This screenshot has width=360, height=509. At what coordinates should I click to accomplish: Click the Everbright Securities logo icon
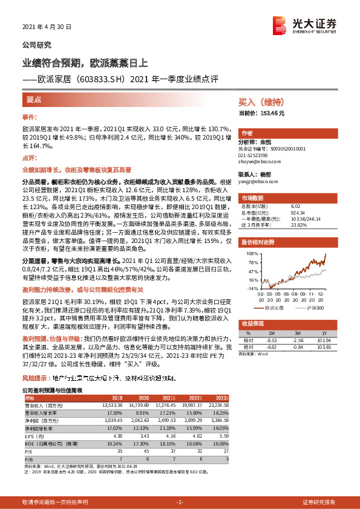click(x=279, y=25)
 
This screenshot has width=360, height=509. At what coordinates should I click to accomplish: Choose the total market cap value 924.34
click(x=298, y=212)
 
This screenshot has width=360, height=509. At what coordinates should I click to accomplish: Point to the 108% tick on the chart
click(x=252, y=254)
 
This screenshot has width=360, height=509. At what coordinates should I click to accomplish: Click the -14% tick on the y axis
click(x=252, y=288)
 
